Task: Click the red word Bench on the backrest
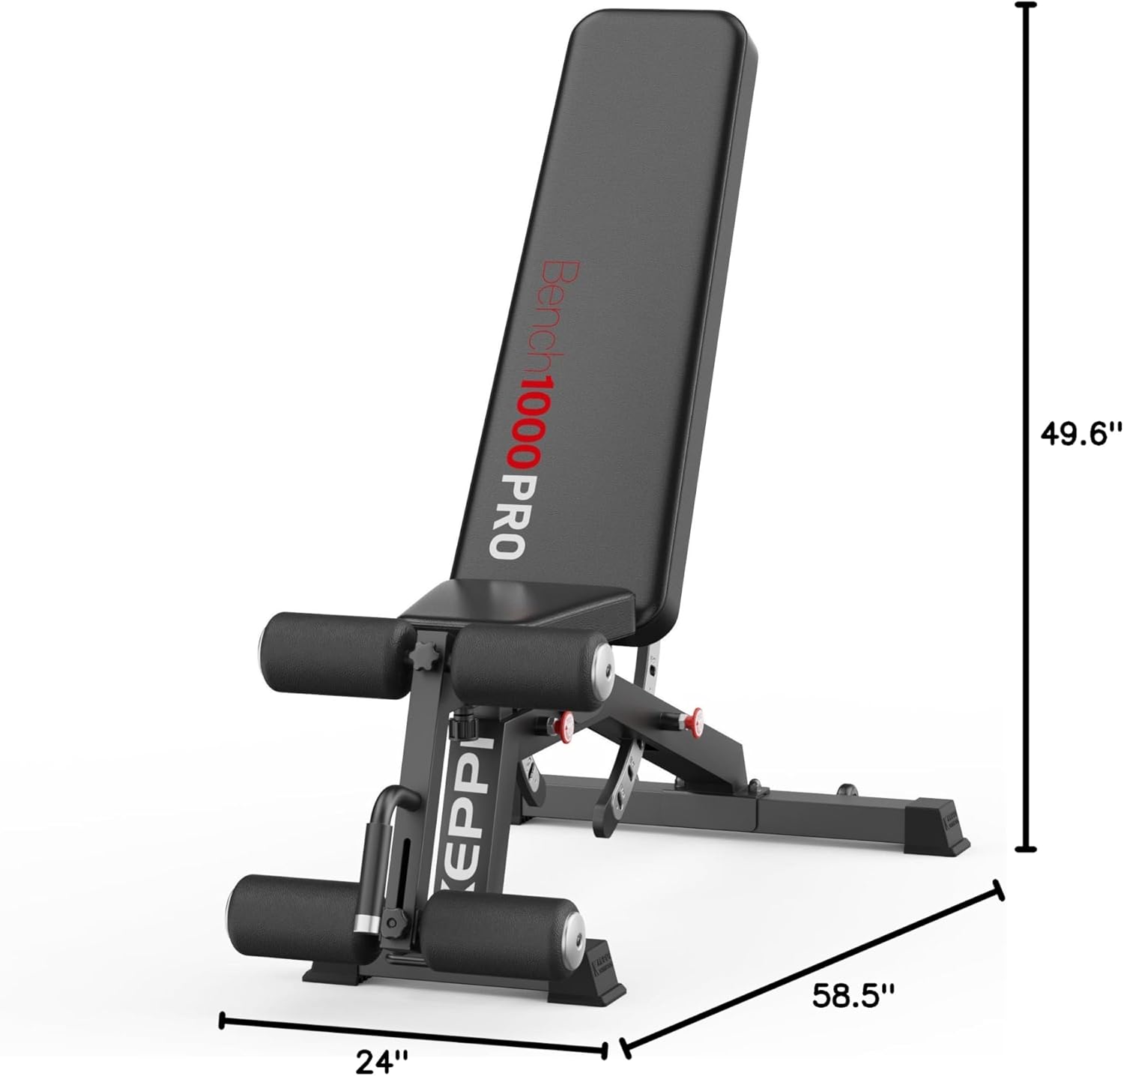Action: point(562,314)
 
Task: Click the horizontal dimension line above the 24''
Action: point(412,1029)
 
